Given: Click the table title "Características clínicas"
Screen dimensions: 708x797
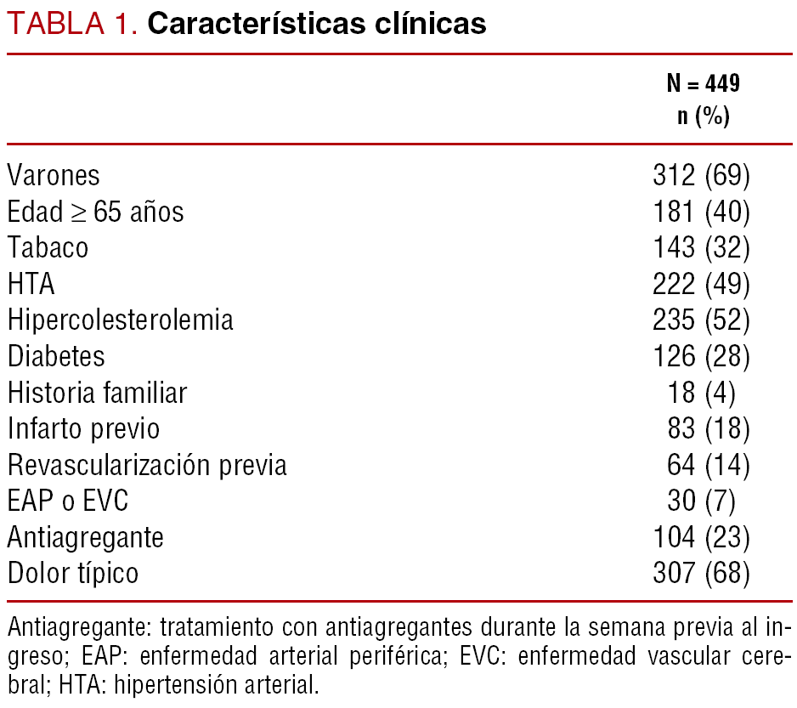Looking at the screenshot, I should point(317,24).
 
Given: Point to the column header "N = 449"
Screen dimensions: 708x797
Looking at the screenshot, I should point(703,83).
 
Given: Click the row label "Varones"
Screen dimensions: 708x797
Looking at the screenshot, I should point(54,175).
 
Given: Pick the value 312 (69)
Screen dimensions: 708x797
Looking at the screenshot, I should point(701,175).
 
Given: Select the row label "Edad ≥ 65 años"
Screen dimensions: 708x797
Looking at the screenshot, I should point(95,211).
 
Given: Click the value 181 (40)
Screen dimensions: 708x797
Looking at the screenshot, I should point(701,211).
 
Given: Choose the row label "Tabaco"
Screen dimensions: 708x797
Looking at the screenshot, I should point(48,247).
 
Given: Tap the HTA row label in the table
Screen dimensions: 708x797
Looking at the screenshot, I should point(31,284).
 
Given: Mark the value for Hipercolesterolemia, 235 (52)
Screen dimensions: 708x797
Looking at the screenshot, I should point(701,320).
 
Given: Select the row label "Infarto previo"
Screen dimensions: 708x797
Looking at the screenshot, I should point(83,429).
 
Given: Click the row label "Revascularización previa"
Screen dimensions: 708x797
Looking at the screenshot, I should point(147,466).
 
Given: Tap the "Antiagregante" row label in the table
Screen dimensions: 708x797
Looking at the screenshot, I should point(86,538).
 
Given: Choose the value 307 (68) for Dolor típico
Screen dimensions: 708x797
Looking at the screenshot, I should point(701,574).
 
